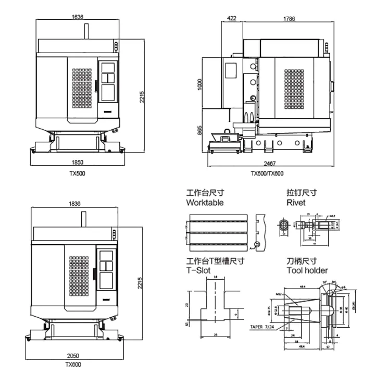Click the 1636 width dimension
[x=78, y=17]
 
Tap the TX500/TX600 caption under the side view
[x=267, y=173]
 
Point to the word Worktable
[x=205, y=202]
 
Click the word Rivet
[x=296, y=202]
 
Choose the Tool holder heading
[x=307, y=270]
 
